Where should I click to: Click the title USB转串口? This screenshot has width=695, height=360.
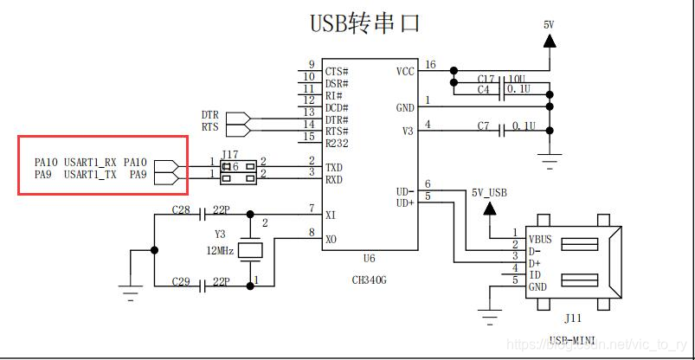[364, 23]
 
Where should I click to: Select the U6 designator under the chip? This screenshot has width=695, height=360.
[369, 259]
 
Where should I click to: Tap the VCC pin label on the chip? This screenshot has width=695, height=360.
[406, 71]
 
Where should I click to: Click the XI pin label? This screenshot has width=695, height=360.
[331, 214]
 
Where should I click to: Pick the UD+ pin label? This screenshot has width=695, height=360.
[406, 202]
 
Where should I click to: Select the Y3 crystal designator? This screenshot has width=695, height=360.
[220, 235]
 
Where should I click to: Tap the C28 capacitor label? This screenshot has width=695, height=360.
[180, 210]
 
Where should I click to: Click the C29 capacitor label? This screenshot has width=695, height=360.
[180, 283]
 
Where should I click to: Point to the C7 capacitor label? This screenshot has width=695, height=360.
[484, 126]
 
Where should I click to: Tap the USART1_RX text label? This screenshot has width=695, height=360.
[90, 162]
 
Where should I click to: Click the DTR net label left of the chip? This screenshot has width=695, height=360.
[210, 114]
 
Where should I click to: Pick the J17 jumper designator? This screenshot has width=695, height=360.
[230, 154]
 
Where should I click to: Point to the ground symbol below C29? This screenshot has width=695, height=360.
[130, 294]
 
